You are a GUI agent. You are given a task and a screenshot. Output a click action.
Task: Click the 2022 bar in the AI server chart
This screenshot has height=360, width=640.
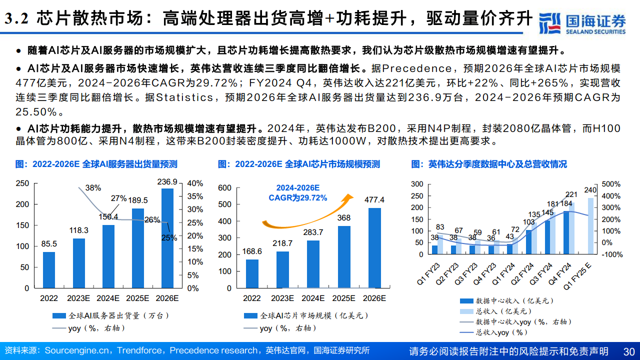click(x=49, y=269)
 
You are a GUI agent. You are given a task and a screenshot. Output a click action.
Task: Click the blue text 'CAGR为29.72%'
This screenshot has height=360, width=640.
click(x=298, y=198)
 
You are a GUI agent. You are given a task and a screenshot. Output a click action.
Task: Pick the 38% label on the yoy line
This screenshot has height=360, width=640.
click(x=93, y=188)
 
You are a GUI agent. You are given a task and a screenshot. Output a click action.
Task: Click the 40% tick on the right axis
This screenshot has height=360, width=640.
click(x=194, y=183)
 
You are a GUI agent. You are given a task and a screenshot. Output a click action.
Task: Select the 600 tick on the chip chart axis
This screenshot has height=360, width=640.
click(x=225, y=188)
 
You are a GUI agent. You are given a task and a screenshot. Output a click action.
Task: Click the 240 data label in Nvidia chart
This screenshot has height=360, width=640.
click(x=591, y=190)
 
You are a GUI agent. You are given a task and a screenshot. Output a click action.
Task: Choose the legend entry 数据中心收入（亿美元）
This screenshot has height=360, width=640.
click(x=514, y=301)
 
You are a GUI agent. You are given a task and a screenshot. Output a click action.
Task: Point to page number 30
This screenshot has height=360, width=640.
click(x=629, y=351)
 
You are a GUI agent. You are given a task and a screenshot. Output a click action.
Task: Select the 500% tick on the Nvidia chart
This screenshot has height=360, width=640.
click(x=611, y=184)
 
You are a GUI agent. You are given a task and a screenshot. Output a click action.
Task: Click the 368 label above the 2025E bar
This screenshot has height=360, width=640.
click(x=344, y=218)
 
